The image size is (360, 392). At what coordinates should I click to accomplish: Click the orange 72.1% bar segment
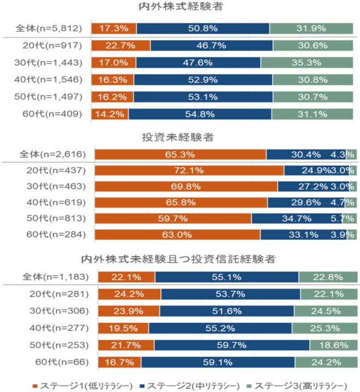[x=189, y=171]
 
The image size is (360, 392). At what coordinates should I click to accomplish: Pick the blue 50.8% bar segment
[x=203, y=28]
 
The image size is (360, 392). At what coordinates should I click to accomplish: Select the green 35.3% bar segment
[x=307, y=62]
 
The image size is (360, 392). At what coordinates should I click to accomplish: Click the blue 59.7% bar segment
[x=232, y=345]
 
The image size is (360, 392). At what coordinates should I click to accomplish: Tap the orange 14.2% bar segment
[x=110, y=114]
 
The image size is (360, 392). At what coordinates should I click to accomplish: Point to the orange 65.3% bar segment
[x=181, y=154]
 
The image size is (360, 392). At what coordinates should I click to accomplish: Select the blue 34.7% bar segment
[x=297, y=219]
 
